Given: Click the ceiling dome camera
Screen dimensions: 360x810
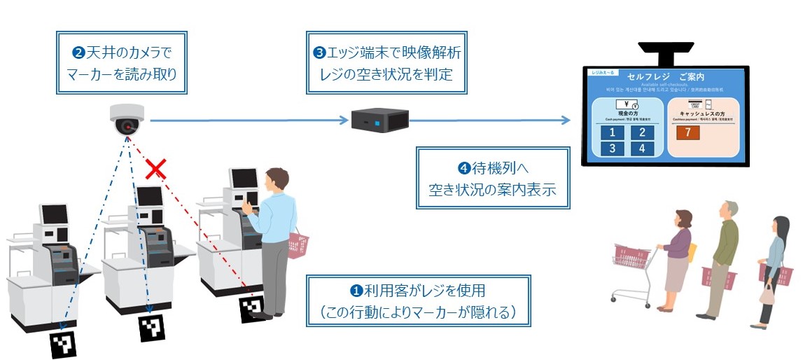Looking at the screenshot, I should [127, 120].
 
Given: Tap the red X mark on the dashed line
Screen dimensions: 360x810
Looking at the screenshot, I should [155, 168].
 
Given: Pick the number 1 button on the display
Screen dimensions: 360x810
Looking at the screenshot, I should [611, 133].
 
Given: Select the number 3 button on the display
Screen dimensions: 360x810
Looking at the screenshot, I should [611, 148].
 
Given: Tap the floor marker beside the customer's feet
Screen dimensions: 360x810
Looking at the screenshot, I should [252, 309].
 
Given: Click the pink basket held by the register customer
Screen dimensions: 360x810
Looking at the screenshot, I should [299, 244].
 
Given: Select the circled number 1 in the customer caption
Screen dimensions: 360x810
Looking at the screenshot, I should [356, 290].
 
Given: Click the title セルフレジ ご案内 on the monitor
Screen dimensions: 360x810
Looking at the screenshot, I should [665, 76].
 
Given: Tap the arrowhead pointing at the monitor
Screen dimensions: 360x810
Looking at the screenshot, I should [566, 120].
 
